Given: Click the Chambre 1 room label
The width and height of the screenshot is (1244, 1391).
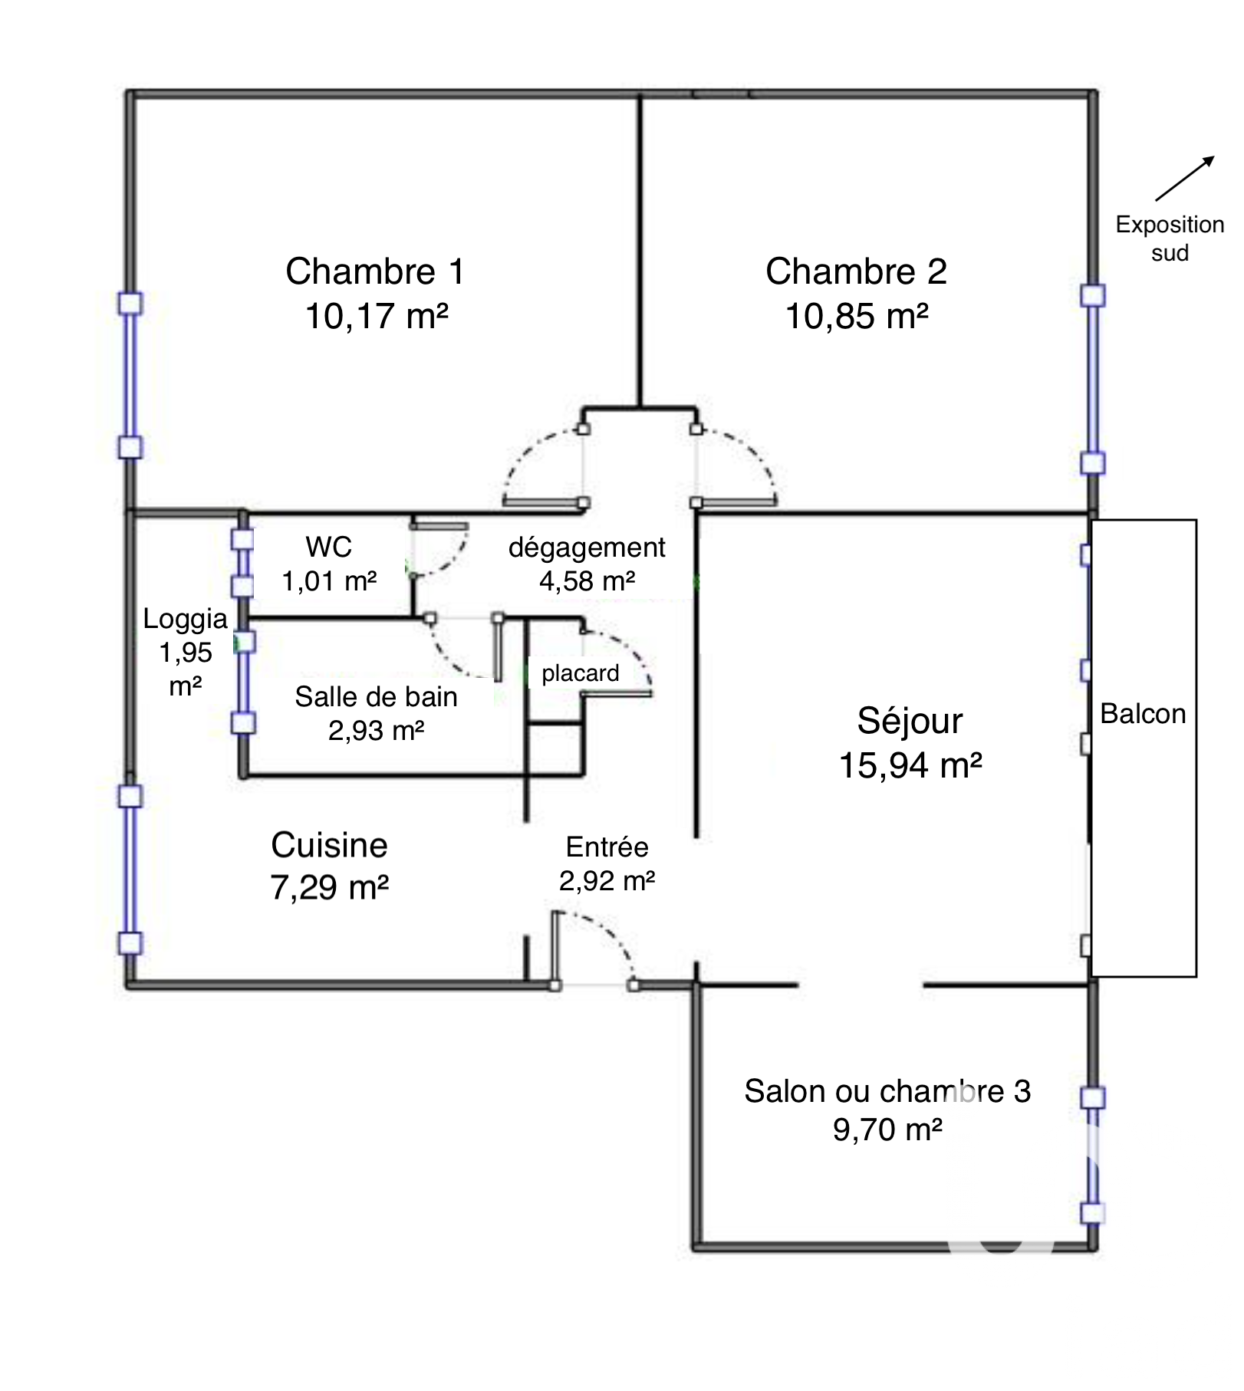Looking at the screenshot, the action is pos(375,271).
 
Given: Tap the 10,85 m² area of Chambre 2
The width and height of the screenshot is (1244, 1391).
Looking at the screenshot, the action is pos(857,316).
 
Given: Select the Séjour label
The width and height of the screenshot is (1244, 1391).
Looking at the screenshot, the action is pos(910,722).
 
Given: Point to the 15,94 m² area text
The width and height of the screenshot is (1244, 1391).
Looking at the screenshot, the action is pos(910,765).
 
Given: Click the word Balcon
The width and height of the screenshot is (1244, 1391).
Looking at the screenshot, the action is pos(1143,714).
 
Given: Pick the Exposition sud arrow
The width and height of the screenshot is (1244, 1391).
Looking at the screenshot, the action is pos(1185,178).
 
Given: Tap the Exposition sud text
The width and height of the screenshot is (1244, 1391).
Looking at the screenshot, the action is pos(1170,238).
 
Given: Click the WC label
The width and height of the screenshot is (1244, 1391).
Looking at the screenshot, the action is pos(328,547).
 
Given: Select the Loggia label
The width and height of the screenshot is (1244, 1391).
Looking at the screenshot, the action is pos(186,619).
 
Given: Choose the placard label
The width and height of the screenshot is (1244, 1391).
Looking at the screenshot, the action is pos(580,673).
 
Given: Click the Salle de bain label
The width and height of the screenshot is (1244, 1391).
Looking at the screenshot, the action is pos(376,697).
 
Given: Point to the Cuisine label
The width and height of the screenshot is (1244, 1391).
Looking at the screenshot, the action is pos(329,845).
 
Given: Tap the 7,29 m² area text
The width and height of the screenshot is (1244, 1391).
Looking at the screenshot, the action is pos(329,887).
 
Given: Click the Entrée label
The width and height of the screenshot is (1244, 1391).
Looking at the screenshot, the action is pos(607,847).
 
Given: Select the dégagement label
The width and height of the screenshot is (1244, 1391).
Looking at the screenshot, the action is pos(587,548).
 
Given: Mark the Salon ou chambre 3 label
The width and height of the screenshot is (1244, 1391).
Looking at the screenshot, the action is pos(887,1091).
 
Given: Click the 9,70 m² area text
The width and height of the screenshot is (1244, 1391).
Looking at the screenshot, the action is pos(887,1130).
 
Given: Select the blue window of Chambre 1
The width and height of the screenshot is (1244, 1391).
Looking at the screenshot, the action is pos(130,376).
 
